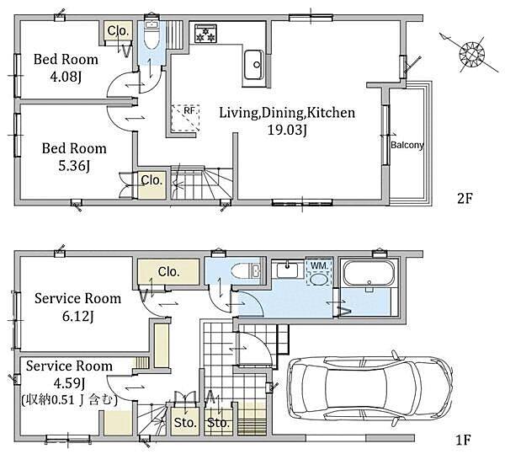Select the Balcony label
[407, 145]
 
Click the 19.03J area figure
[287, 130]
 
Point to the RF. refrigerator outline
[185, 118]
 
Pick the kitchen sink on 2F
[254, 65]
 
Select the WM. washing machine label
[319, 266]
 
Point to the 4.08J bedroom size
[66, 77]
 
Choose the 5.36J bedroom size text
[74, 166]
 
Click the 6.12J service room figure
[78, 317]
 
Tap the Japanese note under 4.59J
[69, 400]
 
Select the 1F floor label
[464, 440]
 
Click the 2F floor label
[465, 199]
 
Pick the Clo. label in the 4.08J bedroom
[118, 30]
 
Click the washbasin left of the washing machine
[287, 270]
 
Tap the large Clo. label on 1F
[168, 271]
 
